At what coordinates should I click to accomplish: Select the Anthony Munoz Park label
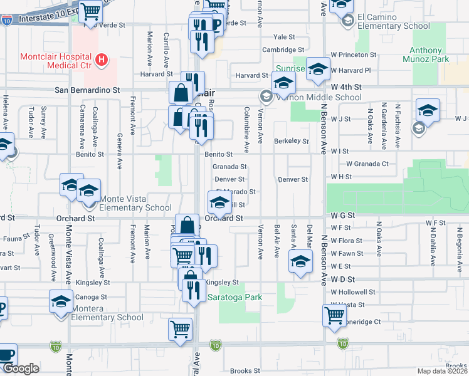click(x=429, y=55)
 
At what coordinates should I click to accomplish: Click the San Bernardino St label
click(x=87, y=90)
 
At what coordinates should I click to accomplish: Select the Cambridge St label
click(x=283, y=50)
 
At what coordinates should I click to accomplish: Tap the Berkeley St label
click(x=291, y=142)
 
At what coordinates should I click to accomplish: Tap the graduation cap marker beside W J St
click(x=428, y=111)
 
